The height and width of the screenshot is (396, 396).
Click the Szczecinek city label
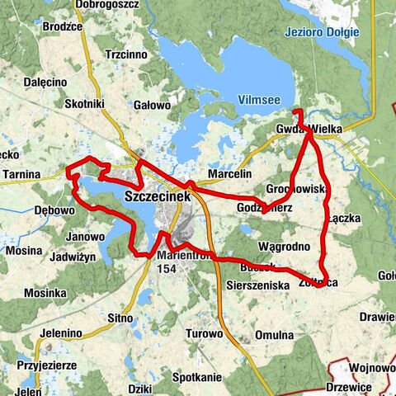[x=158, y=197]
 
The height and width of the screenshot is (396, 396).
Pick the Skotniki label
[x=83, y=104]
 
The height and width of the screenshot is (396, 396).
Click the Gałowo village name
[x=151, y=105]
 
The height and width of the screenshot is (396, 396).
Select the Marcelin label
[x=229, y=175]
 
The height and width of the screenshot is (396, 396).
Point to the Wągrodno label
[x=283, y=247]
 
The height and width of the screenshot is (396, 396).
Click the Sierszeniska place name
[x=257, y=285]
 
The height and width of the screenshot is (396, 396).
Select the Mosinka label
[x=45, y=293]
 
